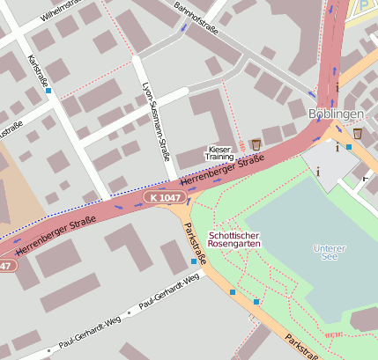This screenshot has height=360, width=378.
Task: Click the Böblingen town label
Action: point(337,115)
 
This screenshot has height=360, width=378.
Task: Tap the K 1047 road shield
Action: point(166,199)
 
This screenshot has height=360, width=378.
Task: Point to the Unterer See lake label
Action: point(330,253)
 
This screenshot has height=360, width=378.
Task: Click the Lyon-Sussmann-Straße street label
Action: point(155,122)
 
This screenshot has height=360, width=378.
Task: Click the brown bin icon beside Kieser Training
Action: point(256,144)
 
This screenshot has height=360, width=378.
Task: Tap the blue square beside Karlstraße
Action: point(48,91)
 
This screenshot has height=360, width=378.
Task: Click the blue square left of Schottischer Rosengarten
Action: point(194,261)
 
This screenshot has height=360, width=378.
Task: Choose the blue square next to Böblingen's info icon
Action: point(349,147)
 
